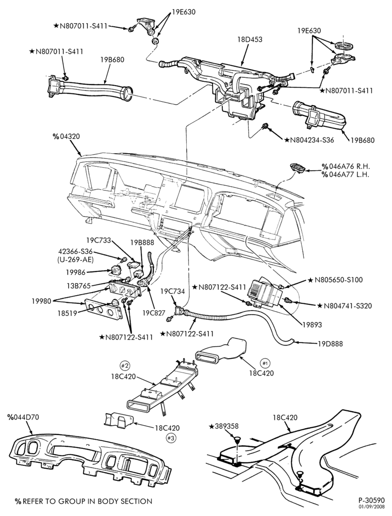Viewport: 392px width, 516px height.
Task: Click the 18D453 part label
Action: coord(250,40)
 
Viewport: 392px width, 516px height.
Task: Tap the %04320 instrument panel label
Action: coord(66,136)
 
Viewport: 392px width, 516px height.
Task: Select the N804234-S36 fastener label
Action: coord(310,140)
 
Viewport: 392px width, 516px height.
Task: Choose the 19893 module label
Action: coord(312,325)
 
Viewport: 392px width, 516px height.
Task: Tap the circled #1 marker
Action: coord(265,363)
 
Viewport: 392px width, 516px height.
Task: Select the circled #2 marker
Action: coord(124,364)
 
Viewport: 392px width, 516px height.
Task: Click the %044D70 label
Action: coord(23,417)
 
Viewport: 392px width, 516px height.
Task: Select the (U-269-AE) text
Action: coord(74,260)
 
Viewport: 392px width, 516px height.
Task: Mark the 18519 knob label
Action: coord(66,313)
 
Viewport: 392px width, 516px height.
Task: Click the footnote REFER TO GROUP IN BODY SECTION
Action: coord(83,501)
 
